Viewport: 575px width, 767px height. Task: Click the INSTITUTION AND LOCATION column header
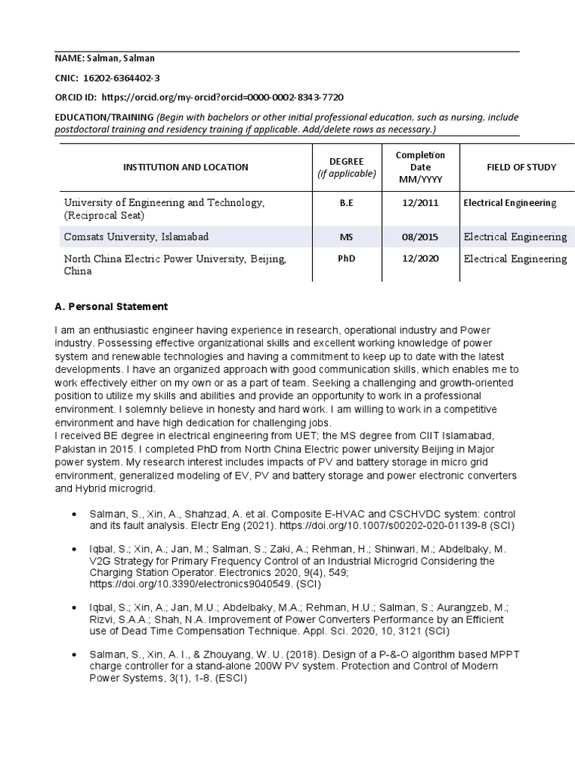click(x=186, y=167)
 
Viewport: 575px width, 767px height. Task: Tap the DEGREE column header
click(x=346, y=167)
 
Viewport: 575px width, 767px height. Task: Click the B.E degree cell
click(x=346, y=202)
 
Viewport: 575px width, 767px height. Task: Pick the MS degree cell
click(x=346, y=237)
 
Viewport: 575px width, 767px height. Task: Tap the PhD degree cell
click(x=346, y=259)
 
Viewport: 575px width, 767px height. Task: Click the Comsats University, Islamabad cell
click(x=136, y=237)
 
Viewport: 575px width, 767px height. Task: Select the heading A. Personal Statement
click(x=111, y=307)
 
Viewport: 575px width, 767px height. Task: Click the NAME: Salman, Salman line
click(x=105, y=58)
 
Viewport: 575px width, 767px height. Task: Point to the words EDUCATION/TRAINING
click(x=103, y=118)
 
